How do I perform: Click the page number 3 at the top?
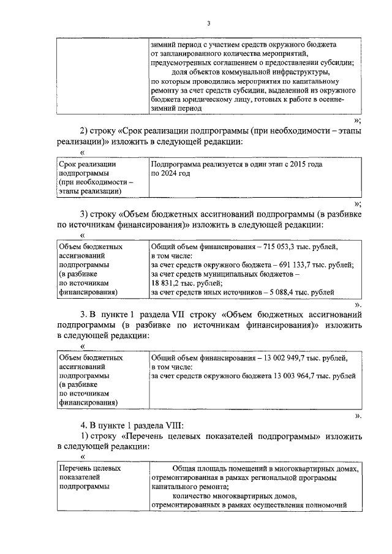coord(208,24)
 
